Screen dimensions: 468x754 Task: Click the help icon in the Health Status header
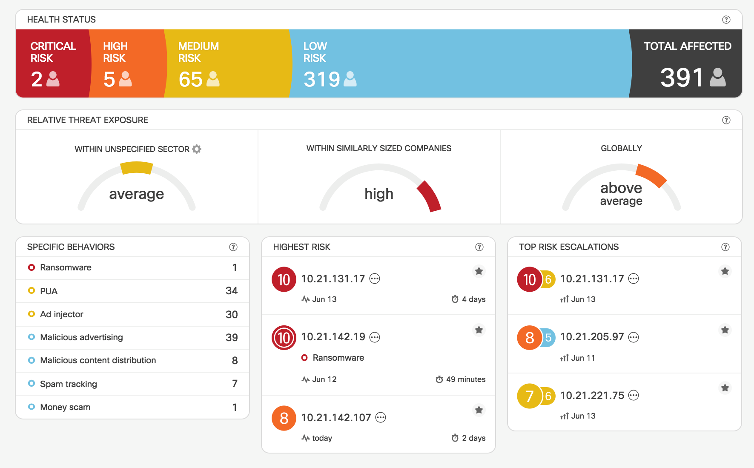click(726, 20)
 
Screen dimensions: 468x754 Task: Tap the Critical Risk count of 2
click(37, 80)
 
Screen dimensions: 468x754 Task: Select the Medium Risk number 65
click(190, 80)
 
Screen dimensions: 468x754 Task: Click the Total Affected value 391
click(682, 78)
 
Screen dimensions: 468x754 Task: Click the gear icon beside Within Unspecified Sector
click(197, 149)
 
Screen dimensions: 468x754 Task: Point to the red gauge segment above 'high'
click(429, 195)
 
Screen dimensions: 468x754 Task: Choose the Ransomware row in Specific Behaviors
click(66, 268)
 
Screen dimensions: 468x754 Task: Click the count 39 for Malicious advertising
click(232, 338)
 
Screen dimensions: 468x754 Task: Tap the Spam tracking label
click(69, 384)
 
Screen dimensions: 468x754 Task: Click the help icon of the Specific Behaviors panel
click(233, 247)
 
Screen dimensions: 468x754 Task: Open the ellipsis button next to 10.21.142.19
click(375, 337)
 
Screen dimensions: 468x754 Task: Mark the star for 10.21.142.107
click(479, 410)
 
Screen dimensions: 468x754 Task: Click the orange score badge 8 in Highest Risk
click(284, 419)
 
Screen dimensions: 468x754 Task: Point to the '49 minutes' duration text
click(465, 379)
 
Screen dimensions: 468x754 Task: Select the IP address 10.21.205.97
click(592, 337)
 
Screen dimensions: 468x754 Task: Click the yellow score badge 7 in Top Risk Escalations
click(529, 396)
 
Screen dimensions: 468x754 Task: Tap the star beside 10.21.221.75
click(725, 388)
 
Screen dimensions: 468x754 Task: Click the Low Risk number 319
click(321, 80)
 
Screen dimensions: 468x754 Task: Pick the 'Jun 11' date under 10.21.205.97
click(583, 358)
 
